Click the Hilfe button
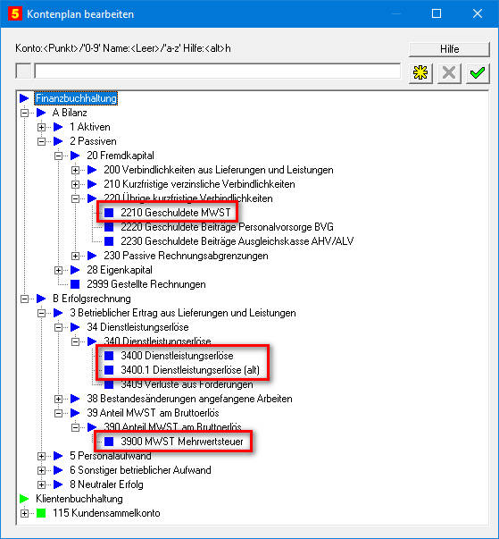[449, 49]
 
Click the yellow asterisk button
[420, 73]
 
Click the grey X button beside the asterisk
[449, 73]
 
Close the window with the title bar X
[478, 13]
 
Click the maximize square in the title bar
[437, 13]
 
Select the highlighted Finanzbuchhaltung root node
[76, 98]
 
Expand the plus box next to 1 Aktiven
[41, 127]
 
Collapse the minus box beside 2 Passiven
[41, 141]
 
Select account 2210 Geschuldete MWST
[175, 213]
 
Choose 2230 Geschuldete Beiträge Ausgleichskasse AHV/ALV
[237, 241]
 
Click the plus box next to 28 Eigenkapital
[58, 270]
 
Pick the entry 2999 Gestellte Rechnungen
[146, 284]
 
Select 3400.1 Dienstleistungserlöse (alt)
[190, 370]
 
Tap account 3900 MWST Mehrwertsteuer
[182, 442]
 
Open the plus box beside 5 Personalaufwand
[41, 456]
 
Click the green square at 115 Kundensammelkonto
[41, 513]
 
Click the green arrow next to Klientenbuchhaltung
[24, 499]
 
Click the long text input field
[217, 72]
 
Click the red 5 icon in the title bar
[15, 13]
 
